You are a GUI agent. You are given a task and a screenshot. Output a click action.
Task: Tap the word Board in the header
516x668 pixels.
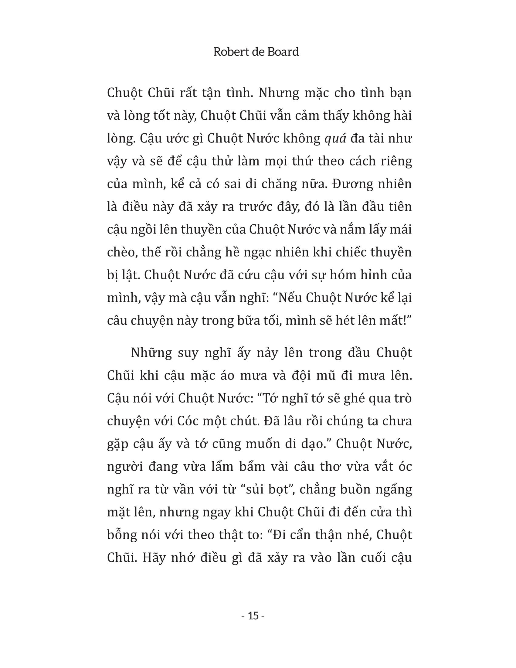point(283,52)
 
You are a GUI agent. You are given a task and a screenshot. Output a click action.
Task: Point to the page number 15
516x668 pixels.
point(253,616)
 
